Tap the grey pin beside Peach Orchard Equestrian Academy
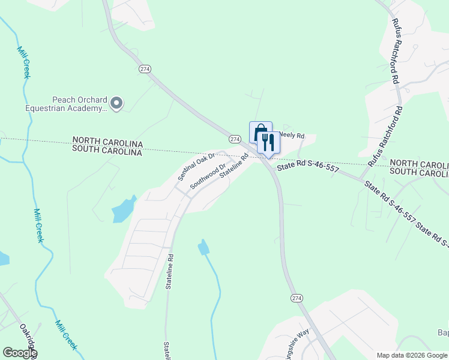click(117, 104)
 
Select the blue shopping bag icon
click(261, 133)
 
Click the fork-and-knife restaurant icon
click(268, 143)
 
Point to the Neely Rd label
click(292, 136)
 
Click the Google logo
click(20, 353)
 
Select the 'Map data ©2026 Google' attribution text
click(412, 355)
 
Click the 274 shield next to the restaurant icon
click(235, 139)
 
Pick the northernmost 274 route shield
click(145, 69)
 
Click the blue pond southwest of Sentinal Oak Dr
click(124, 209)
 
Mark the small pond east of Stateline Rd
click(204, 247)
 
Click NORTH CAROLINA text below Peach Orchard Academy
click(107, 145)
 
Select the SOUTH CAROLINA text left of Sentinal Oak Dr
click(107, 152)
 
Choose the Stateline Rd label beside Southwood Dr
click(235, 166)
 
